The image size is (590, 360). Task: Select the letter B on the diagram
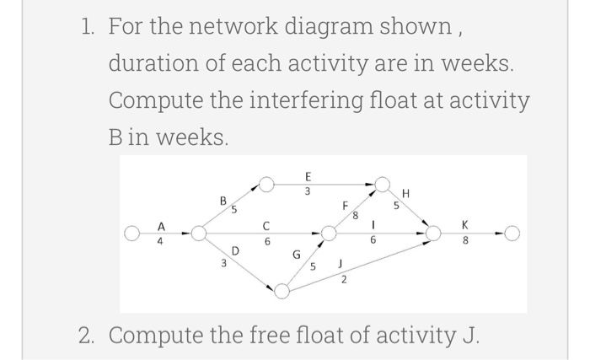(x=223, y=201)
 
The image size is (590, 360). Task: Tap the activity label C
(x=265, y=226)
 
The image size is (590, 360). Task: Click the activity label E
(x=308, y=177)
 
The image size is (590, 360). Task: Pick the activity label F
(x=345, y=203)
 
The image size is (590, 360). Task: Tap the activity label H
(x=407, y=193)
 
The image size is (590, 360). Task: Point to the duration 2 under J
(x=344, y=282)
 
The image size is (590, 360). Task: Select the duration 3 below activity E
(x=308, y=191)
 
